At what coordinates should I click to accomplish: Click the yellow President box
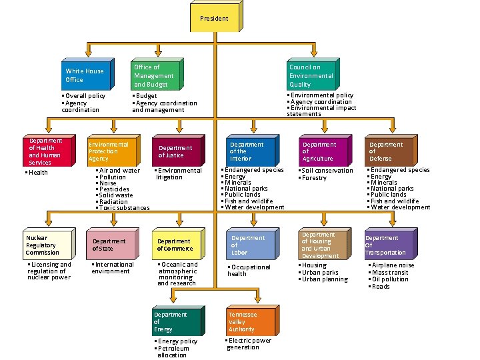tap(217, 16)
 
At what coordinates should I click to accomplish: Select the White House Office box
tap(88, 74)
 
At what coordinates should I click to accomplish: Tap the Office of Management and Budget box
tap(157, 74)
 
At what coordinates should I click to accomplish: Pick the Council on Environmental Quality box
tap(313, 74)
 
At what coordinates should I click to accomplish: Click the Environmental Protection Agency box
tap(114, 150)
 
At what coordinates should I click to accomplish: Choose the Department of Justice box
tap(179, 150)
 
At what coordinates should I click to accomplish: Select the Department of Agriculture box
tap(325, 150)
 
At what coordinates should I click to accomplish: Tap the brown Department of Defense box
tap(391, 150)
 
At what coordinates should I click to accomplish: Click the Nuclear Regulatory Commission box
tap(49, 244)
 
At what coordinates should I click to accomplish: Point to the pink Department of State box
tap(113, 244)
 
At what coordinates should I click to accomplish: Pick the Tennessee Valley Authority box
tap(253, 320)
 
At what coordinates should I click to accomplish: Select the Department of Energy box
tap(179, 321)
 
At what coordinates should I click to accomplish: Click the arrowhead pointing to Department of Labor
tap(253, 222)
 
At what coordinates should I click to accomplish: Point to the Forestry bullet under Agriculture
tap(313, 178)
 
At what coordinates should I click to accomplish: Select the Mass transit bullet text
tap(388, 273)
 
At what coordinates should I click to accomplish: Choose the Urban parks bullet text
tap(319, 273)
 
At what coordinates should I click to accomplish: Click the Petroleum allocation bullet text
tap(172, 352)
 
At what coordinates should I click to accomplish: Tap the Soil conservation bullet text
tap(326, 171)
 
